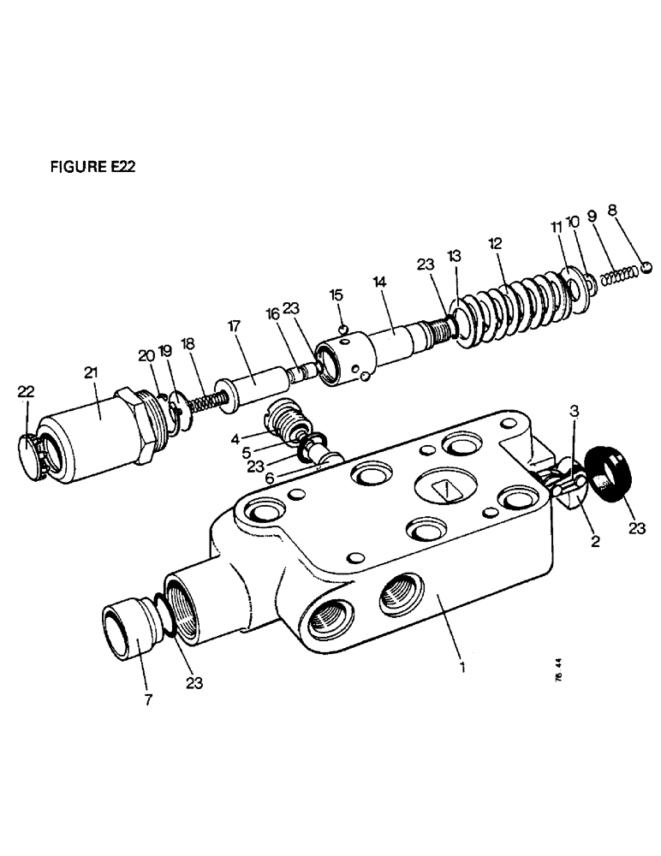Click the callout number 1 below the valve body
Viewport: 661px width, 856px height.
tap(462, 665)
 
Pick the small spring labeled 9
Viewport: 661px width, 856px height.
tap(618, 276)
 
